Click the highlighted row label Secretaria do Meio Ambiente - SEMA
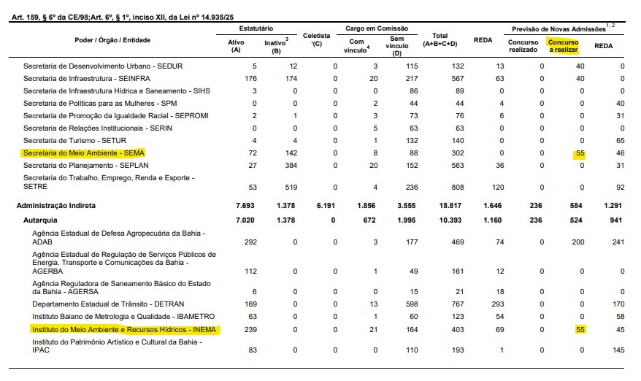84,153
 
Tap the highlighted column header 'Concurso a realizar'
563,45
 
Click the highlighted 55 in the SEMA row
580,153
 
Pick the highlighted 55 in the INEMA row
580,330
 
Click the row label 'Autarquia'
42,219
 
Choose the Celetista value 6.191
326,206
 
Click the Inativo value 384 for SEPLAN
291,165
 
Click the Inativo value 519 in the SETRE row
291,186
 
